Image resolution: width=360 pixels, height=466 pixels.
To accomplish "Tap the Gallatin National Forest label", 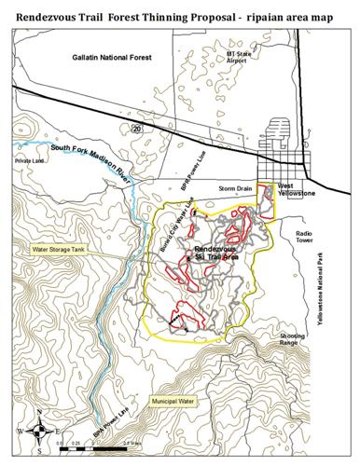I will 115,58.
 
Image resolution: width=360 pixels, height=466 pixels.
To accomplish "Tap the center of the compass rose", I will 36,432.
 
